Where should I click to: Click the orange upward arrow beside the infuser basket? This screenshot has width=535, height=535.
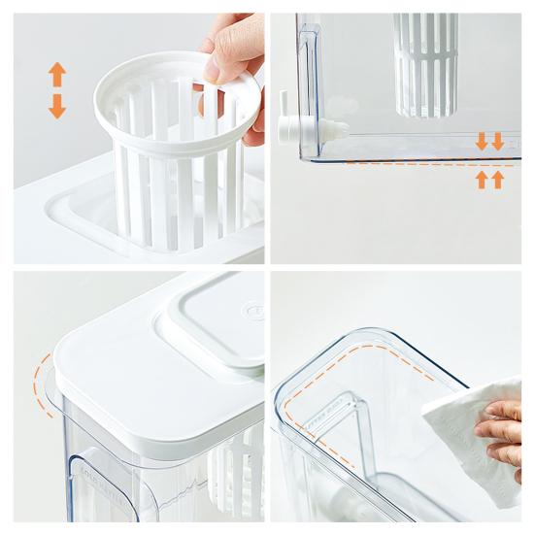point(57,74)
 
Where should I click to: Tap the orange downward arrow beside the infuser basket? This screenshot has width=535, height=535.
point(57,105)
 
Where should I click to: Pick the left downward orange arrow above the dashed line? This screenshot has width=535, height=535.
point(482,142)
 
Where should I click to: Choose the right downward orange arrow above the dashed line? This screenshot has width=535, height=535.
point(498,142)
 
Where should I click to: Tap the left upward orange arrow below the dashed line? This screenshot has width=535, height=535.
point(482,180)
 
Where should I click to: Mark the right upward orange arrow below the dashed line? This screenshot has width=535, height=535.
point(498,180)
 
